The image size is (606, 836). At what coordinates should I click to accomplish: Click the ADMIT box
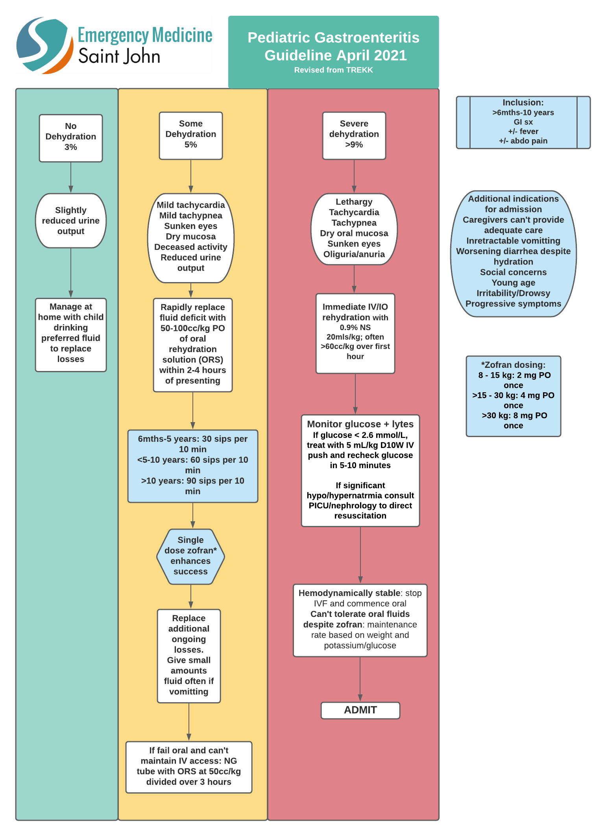360,710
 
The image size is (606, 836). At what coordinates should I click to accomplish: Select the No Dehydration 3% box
71,138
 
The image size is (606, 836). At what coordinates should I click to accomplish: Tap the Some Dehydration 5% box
191,135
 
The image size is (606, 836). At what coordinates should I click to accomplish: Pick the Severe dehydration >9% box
354,135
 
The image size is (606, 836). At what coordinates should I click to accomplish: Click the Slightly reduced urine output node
71,221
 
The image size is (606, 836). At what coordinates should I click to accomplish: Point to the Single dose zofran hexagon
190,556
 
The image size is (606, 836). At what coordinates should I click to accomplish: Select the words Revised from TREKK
333,70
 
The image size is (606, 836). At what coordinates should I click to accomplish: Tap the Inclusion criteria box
523,122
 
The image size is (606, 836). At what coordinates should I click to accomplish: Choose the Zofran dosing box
513,396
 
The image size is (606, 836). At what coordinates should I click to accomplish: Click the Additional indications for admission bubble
513,254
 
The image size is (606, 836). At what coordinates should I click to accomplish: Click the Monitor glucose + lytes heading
360,424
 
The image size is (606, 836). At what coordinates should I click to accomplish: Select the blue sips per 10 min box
192,466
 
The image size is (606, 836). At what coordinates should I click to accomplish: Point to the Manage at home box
71,334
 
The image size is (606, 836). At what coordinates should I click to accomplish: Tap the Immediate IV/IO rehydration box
355,333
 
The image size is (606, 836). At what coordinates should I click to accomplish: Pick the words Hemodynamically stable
349,593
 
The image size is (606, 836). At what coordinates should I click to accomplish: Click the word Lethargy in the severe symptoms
354,202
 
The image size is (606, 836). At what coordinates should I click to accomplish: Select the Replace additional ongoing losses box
188,655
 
